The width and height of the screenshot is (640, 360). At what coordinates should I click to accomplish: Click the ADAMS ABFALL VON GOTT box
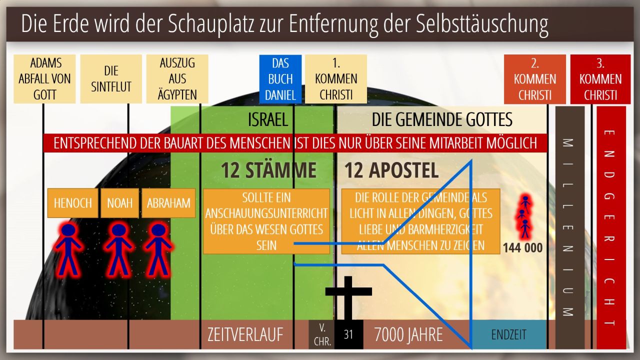coord(44,79)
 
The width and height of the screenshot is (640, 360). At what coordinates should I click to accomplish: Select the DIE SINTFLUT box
coord(111,79)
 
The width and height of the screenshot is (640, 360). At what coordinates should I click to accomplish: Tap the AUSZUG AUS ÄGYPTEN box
coord(177,79)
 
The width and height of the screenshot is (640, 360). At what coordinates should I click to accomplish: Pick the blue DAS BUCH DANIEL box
coord(280,79)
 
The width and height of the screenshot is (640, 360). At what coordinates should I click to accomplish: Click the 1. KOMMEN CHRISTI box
coord(336,79)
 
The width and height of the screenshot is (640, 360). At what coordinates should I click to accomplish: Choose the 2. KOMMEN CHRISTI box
coord(535,79)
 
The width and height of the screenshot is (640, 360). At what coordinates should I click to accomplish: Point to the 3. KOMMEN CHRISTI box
coord(600,79)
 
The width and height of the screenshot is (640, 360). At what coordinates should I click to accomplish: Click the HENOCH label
coord(73,203)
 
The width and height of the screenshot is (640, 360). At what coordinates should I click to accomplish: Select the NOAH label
coord(119,203)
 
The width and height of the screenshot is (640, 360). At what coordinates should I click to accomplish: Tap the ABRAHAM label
coord(168,203)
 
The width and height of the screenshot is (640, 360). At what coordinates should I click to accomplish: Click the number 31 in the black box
coord(348,334)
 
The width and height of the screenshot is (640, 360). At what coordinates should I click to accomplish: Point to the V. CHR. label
coord(322,334)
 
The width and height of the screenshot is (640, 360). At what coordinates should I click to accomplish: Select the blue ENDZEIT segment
coord(508,334)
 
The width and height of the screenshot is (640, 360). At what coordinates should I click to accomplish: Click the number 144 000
coord(522,247)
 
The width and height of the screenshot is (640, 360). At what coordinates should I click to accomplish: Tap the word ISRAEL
coord(267,119)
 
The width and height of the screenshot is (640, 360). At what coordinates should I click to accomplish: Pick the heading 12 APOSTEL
coord(391,170)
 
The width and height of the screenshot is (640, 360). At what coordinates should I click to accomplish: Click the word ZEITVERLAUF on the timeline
coord(245,334)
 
